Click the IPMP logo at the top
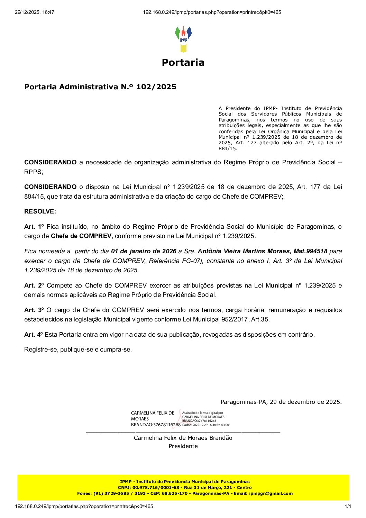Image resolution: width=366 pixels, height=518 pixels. click(183, 38)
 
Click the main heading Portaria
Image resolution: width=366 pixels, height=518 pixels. click(183, 63)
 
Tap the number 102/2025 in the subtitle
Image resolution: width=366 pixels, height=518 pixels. click(156, 87)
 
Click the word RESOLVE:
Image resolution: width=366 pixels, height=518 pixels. click(40, 211)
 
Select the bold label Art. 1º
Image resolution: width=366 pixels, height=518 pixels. click(34, 227)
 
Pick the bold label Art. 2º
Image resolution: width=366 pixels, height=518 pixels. click(34, 285)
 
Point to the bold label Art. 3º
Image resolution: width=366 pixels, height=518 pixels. click(34, 310)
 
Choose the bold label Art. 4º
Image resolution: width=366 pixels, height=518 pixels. click(33, 335)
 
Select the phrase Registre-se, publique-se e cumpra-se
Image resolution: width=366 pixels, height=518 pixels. click(78, 349)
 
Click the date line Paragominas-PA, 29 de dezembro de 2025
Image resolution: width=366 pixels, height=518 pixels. click(281, 402)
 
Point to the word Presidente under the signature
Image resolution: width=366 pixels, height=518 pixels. click(183, 446)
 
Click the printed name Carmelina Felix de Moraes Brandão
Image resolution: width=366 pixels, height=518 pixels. click(183, 438)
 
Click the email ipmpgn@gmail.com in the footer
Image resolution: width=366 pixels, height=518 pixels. click(271, 493)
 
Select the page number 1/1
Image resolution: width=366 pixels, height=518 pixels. click(348, 507)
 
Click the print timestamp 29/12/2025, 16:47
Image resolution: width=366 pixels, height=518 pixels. click(35, 12)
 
